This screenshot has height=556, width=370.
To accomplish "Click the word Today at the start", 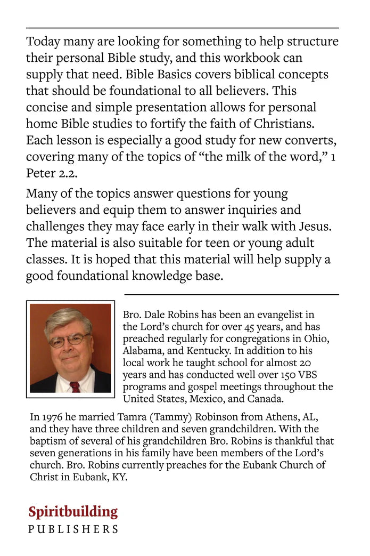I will [43, 42].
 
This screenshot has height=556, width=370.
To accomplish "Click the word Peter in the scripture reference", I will [41, 174].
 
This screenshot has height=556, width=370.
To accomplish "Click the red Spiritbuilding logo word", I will [73, 512].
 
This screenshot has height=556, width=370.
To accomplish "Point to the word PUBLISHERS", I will [73, 529].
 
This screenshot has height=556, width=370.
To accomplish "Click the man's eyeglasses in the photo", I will [69, 339].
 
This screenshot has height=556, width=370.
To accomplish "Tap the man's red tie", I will [75, 386].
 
